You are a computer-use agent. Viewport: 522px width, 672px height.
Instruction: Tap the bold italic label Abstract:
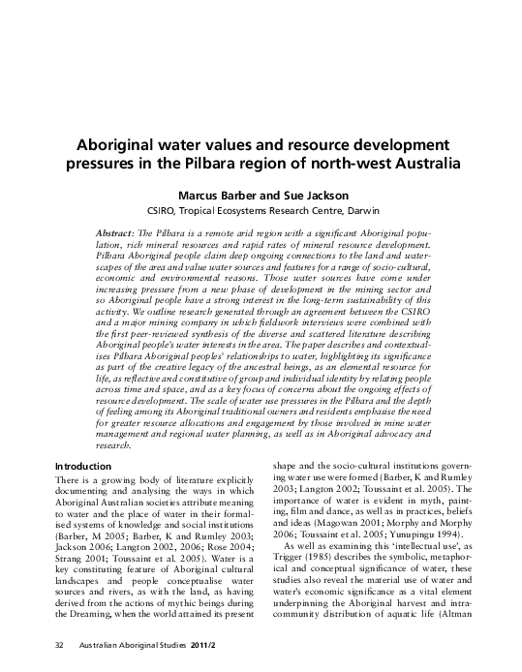pyautogui.click(x=116, y=235)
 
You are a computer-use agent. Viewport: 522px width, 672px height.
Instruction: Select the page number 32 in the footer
pyautogui.click(x=58, y=644)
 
